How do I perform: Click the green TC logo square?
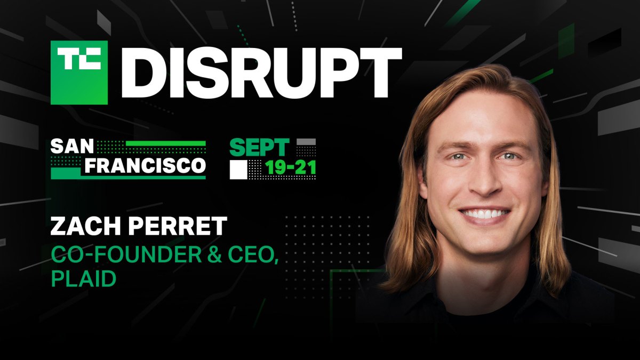click(x=79, y=73)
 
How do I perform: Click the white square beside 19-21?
click(x=238, y=169)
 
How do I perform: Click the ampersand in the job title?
click(x=210, y=255)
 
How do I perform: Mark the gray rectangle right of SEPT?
click(x=306, y=142)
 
